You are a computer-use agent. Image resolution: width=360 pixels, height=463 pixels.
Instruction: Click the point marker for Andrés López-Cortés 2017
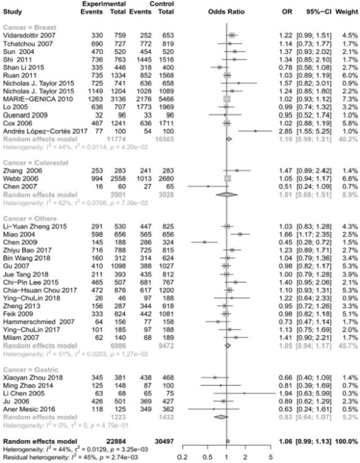[x=255, y=130]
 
